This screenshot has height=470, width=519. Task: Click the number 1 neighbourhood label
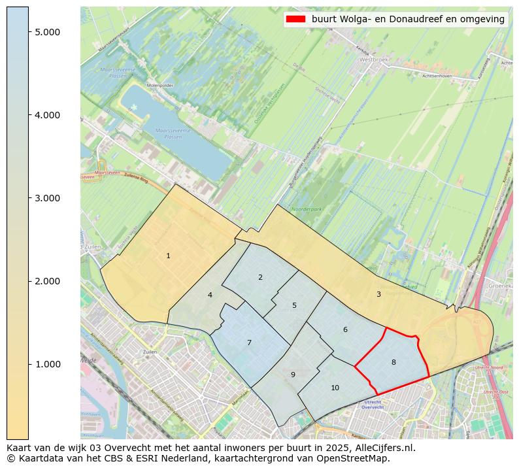click(x=168, y=256)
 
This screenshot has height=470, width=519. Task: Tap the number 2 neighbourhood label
click(x=260, y=277)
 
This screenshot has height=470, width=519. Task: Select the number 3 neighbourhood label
click(x=378, y=294)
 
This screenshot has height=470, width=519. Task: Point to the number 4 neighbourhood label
click(x=210, y=295)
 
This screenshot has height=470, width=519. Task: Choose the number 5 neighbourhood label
click(x=294, y=305)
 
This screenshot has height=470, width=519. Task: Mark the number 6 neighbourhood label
click(x=345, y=329)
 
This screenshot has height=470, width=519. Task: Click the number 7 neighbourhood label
click(x=249, y=343)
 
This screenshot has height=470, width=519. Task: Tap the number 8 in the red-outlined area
click(x=393, y=362)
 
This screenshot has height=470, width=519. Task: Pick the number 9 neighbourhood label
click(x=293, y=375)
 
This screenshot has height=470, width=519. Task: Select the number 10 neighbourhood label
click(x=335, y=388)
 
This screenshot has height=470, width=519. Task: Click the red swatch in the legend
click(x=295, y=20)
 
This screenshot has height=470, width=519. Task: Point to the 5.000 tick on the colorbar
click(x=47, y=32)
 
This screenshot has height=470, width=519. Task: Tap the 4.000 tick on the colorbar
click(x=47, y=115)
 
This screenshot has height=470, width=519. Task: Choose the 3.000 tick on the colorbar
click(x=47, y=198)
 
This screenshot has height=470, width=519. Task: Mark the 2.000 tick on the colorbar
click(x=47, y=281)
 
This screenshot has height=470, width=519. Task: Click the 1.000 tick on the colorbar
click(x=47, y=364)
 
